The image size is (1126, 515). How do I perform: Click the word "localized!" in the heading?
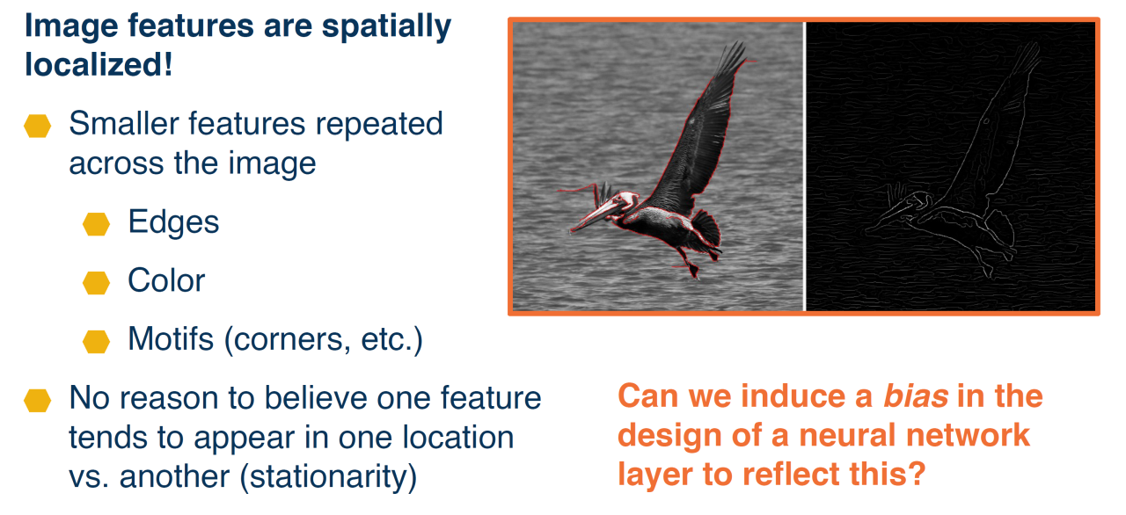(x=99, y=65)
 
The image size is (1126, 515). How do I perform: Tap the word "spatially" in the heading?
(x=386, y=27)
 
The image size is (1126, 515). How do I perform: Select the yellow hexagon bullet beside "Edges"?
(x=96, y=224)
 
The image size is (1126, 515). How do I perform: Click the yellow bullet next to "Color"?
(x=96, y=283)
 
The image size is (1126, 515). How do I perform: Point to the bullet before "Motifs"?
(x=96, y=341)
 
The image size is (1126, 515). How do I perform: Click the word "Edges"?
(x=173, y=222)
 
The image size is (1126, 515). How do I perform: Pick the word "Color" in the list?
(x=166, y=280)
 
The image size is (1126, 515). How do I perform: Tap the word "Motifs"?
(x=171, y=339)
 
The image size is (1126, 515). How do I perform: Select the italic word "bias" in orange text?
(x=916, y=396)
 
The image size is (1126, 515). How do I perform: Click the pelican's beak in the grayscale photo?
(x=593, y=216)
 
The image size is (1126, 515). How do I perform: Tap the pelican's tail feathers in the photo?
(x=706, y=228)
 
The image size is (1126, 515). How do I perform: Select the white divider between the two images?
(x=804, y=166)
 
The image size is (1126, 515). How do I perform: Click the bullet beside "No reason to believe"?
(x=37, y=401)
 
